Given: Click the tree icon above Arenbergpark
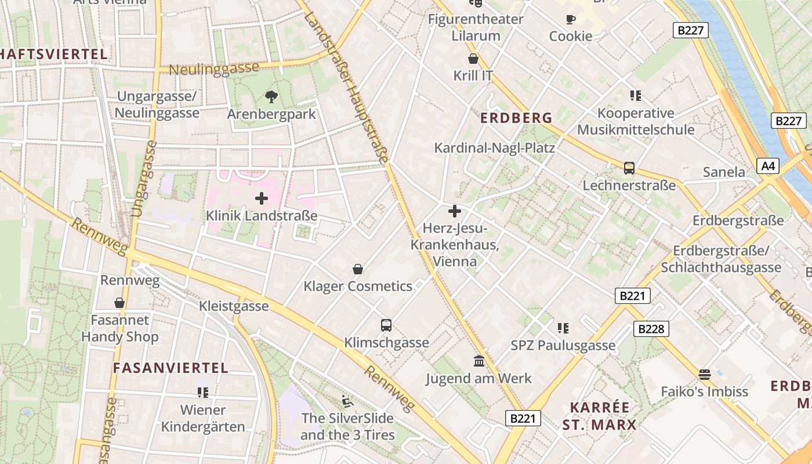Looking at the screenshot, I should tap(271, 96).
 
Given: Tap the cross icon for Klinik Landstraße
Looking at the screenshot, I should tap(262, 198).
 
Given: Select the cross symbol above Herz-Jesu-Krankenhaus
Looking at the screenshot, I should tap(455, 211).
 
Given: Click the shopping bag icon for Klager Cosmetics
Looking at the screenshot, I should tap(358, 269).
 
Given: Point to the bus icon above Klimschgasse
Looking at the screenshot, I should tap(386, 325).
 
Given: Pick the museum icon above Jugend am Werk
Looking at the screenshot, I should tap(479, 361).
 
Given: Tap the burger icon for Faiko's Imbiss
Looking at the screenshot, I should tap(705, 375).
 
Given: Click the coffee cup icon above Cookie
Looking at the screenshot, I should tap(571, 19).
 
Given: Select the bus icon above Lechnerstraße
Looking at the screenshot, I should tap(629, 168).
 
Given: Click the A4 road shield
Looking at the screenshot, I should tap(768, 166).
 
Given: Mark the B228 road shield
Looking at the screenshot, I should tap(651, 329).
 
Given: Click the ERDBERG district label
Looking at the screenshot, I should tap(516, 118).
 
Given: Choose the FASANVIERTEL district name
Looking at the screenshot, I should tap(171, 368).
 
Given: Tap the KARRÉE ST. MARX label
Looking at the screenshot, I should tap(599, 416).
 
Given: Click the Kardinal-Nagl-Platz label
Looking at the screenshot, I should tap(494, 148).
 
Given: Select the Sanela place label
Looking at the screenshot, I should tap(724, 172).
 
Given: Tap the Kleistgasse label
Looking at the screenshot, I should tap(234, 306).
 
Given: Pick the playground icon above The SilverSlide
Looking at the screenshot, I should tap(347, 401).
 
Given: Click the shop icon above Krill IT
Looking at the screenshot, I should tap(473, 59).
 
